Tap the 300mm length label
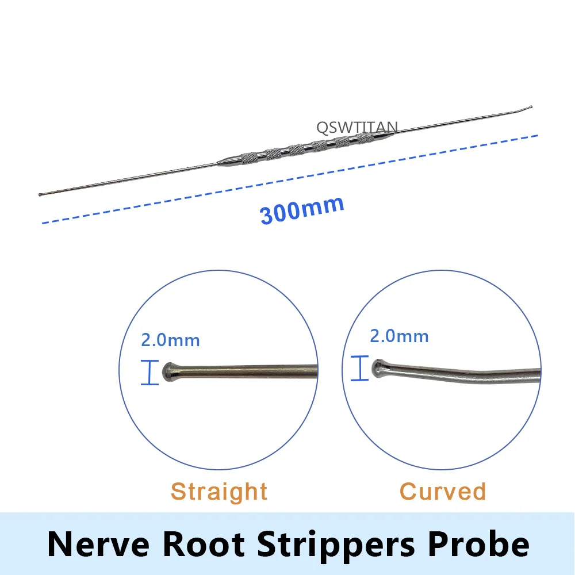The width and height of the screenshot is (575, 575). coord(302,209)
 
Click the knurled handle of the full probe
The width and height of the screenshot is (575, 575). coord(299,148)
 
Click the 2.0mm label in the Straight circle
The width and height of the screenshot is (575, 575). coord(170,340)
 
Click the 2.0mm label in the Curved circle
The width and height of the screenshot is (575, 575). coord(399,336)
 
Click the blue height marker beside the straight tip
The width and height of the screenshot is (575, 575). coord(149,372)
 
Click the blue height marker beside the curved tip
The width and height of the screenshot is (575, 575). coord(360,368)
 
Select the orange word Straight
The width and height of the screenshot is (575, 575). coord(219,492)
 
